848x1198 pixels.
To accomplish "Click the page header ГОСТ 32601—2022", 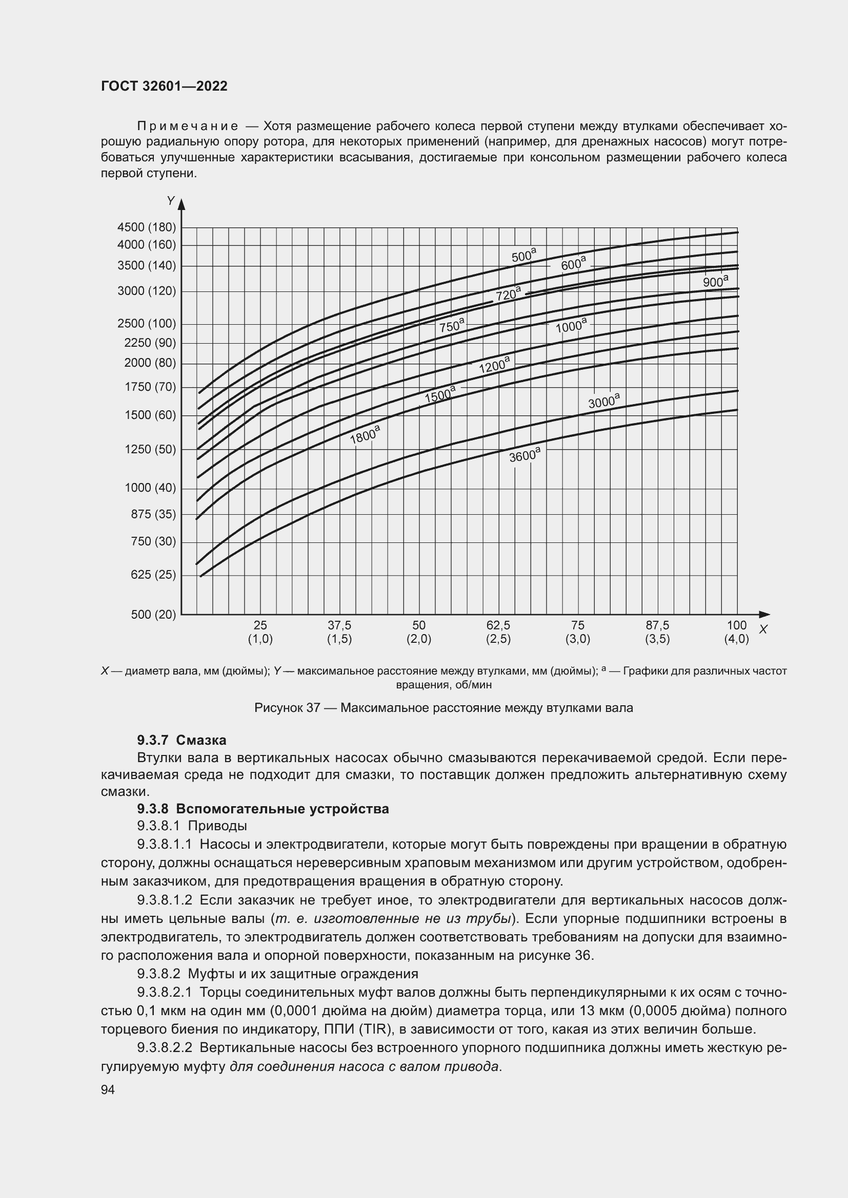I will [164, 86].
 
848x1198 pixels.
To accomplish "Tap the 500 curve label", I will [523, 256].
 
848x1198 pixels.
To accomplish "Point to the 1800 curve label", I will [365, 434].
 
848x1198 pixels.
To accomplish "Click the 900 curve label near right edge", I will [715, 281].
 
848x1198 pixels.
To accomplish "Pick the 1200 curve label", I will [493, 364].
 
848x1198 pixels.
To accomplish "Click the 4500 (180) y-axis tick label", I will [147, 227].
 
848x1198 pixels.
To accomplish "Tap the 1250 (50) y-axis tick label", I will [150, 449].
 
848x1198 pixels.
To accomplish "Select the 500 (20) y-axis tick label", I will [153, 614].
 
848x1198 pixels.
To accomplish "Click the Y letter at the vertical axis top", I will [171, 201].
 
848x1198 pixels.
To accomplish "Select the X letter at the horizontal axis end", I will [763, 629].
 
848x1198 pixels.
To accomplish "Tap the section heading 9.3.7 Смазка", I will [181, 740].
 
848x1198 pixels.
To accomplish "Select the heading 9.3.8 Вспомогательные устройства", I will [263, 809].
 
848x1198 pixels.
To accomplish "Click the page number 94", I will [108, 1089].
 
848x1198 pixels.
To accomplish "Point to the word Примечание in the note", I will [188, 127].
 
